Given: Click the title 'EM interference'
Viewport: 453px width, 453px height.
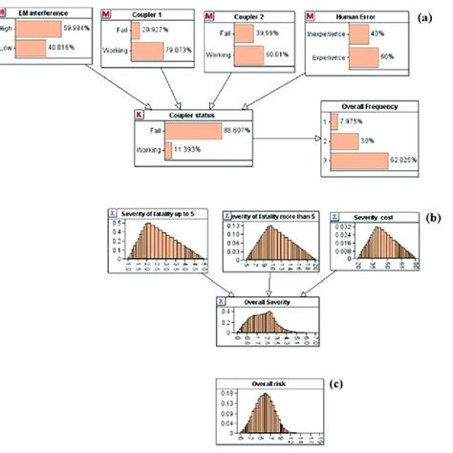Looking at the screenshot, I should tap(39, 15).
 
